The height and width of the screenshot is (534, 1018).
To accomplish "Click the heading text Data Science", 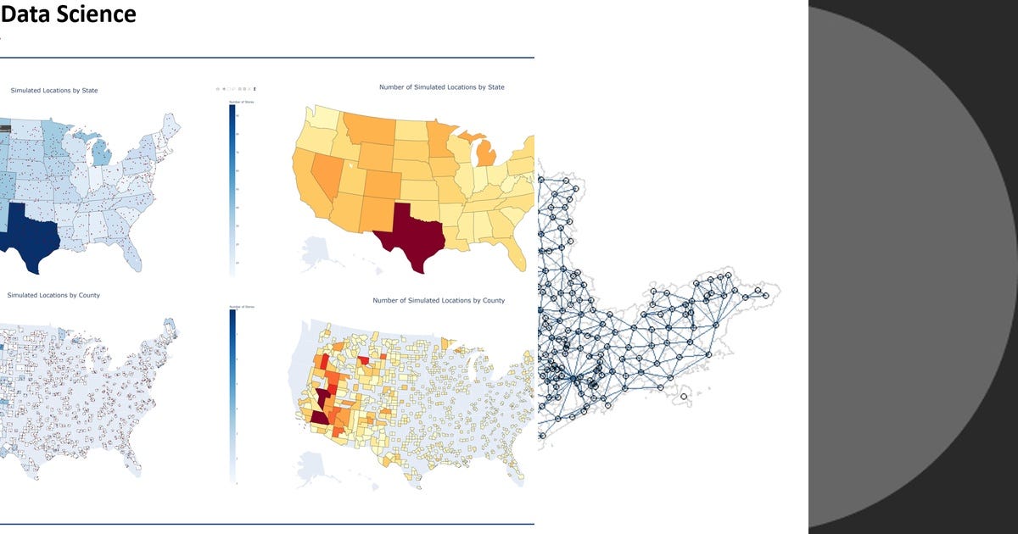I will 68,14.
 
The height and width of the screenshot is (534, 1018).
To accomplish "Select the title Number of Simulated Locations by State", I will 441,87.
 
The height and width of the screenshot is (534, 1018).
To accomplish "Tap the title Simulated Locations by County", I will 53,295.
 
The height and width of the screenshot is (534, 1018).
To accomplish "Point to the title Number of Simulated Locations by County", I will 439,301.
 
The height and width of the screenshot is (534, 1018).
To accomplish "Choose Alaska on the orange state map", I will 315,250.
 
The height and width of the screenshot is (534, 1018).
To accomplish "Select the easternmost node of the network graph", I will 765,295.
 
